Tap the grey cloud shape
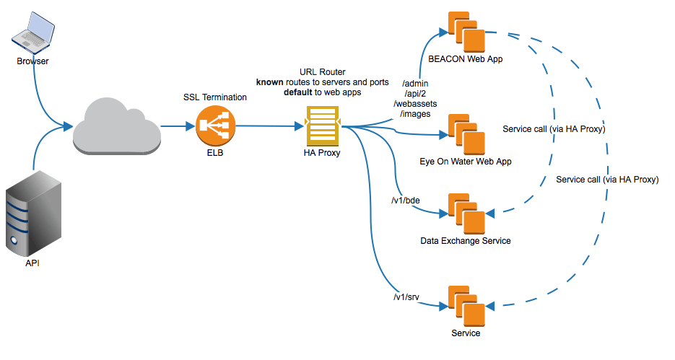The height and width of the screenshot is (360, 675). point(116,126)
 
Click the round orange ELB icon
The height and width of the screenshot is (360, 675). point(214,127)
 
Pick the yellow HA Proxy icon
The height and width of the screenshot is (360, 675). point(321,127)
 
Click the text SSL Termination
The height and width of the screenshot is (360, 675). point(214,97)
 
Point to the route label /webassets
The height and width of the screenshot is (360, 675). point(414,104)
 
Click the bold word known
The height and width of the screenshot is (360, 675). point(270,84)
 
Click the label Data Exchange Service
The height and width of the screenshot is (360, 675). point(465,240)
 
